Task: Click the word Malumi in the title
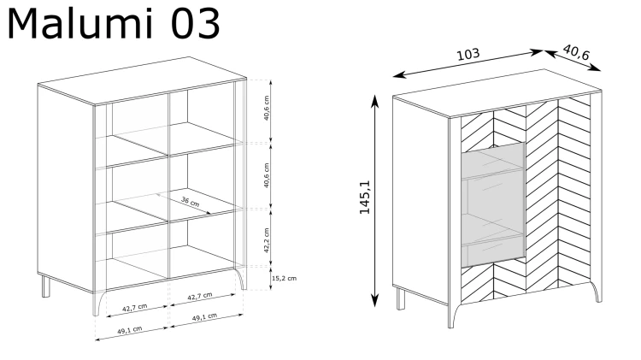80,24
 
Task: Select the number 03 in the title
195,24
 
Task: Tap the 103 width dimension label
468,55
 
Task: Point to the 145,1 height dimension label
365,197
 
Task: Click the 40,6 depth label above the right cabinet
576,52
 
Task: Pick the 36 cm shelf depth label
191,202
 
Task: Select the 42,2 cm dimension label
267,240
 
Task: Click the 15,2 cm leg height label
284,278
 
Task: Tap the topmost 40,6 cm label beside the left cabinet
267,108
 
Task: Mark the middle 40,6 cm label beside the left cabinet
267,175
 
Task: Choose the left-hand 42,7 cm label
134,308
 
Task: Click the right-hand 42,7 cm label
200,296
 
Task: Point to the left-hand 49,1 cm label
130,330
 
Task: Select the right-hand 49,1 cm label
204,317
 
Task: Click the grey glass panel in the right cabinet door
493,204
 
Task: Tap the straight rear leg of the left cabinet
46,286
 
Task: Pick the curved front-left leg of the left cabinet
98,304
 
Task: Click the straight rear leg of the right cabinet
401,298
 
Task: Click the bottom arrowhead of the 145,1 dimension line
374,300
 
